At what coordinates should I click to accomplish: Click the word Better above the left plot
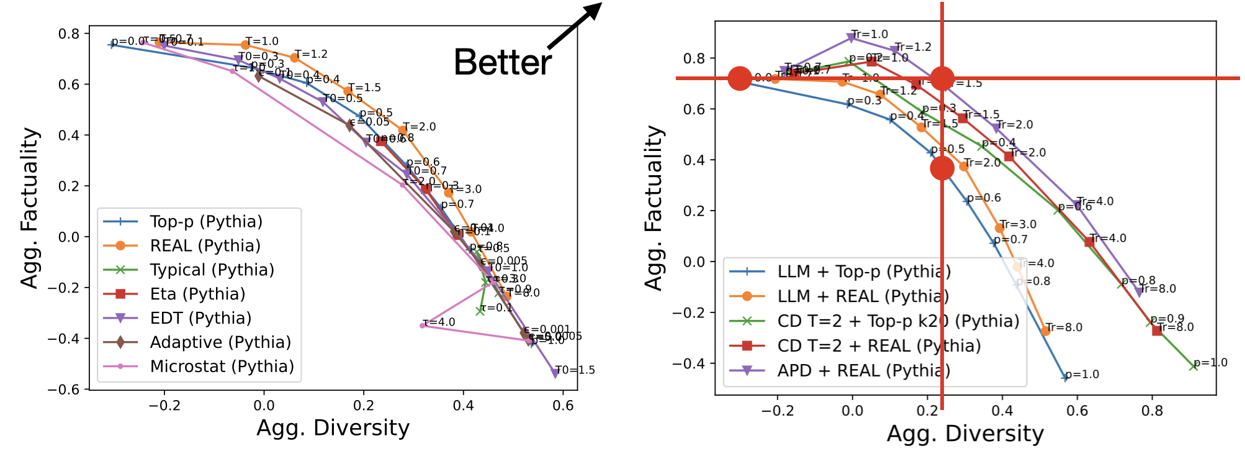tap(503, 62)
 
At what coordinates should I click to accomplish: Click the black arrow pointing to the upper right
tap(575, 25)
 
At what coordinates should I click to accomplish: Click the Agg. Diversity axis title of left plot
tap(333, 428)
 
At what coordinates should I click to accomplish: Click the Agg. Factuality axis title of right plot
tap(654, 208)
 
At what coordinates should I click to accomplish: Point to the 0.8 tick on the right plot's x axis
tap(1152, 411)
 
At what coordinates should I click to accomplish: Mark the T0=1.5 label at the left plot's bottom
tap(575, 370)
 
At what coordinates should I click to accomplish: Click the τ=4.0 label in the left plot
tap(438, 322)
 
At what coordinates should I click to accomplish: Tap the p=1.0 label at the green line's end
tap(1210, 363)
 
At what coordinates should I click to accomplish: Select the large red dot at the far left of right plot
tap(740, 78)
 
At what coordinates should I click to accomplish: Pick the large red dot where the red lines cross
tap(942, 78)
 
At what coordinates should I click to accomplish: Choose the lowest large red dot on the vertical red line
tap(942, 168)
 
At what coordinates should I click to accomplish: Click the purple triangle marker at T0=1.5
tap(555, 373)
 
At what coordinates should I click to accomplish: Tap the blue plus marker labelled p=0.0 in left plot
tap(112, 44)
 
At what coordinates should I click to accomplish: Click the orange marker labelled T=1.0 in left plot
tap(245, 45)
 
